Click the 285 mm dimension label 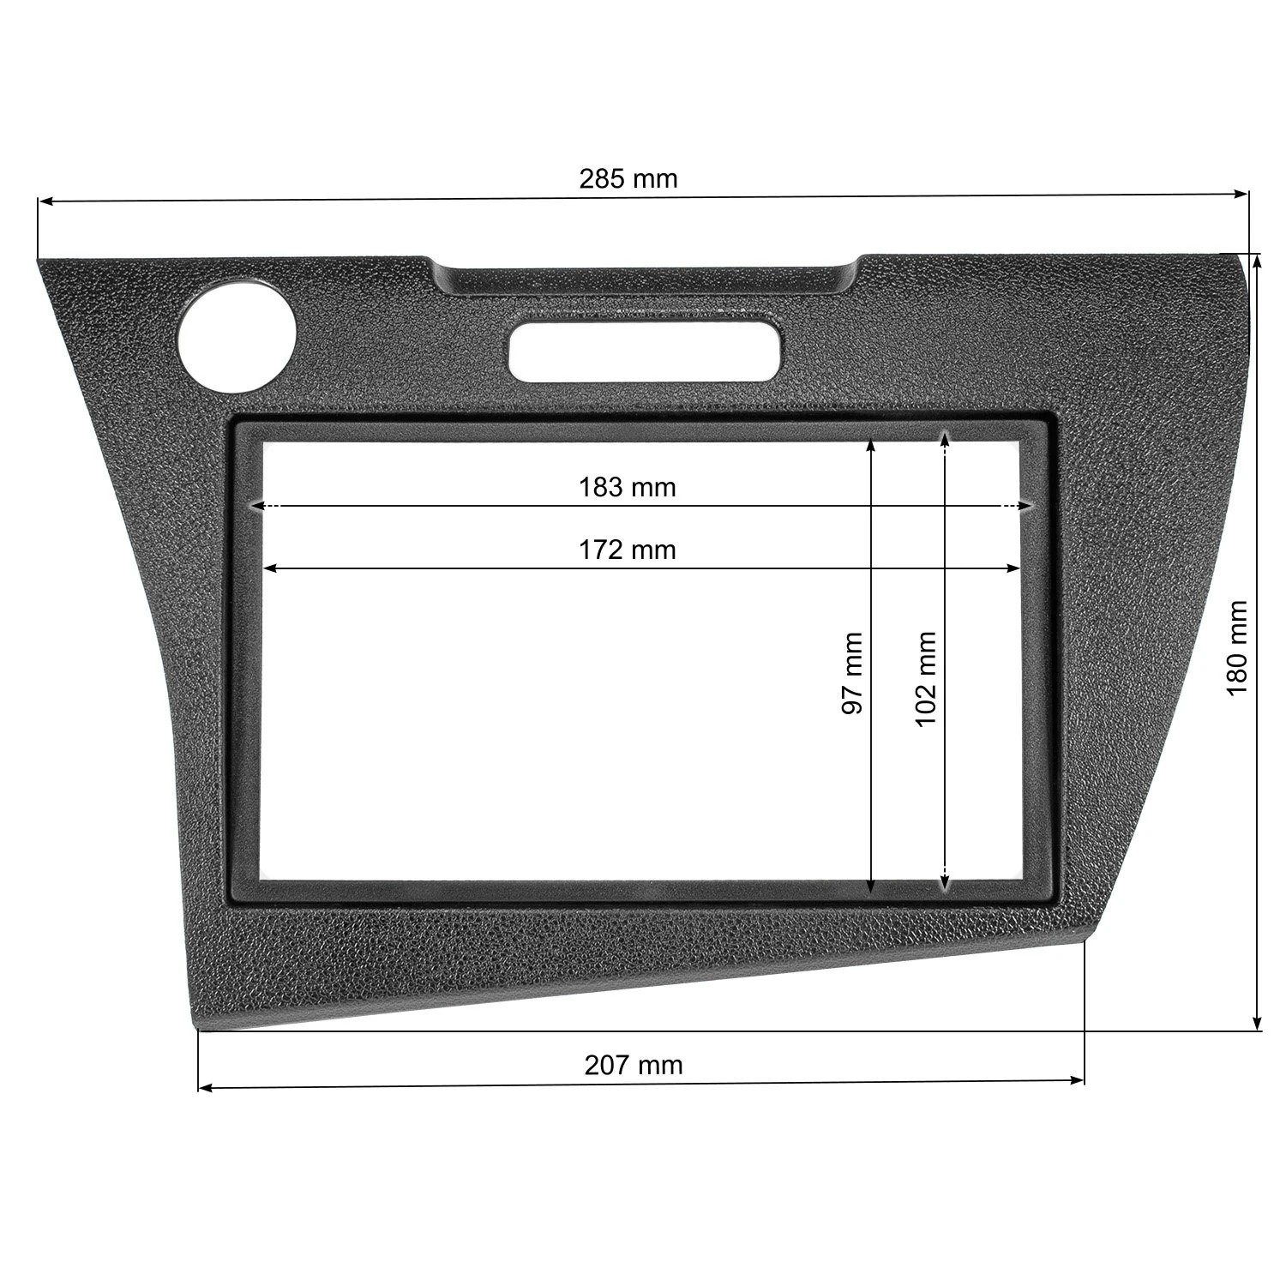[x=628, y=178]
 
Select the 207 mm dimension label [x=634, y=1065]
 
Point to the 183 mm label [x=627, y=487]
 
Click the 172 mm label [x=627, y=549]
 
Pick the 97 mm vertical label [x=851, y=674]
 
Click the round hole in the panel [x=236, y=337]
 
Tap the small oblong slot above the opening [x=645, y=352]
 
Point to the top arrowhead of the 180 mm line [x=1257, y=261]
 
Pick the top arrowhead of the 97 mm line [x=871, y=446]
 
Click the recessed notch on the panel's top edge [x=645, y=279]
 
